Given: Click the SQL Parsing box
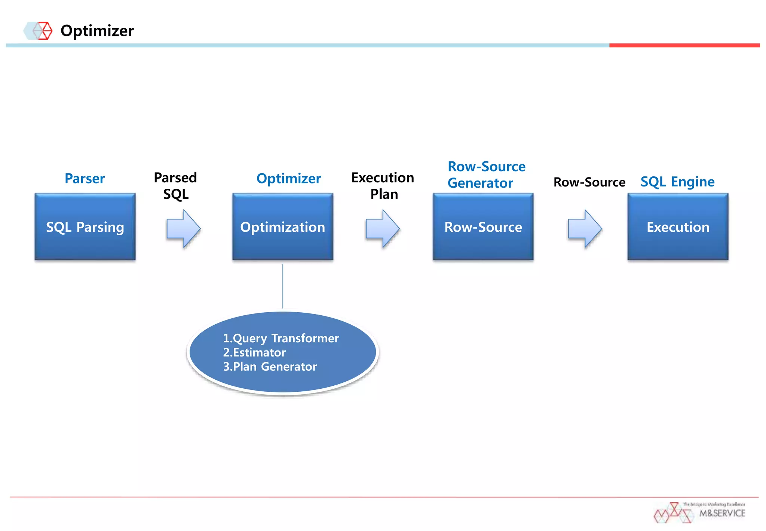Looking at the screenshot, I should (85, 227).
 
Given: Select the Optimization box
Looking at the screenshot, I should (282, 227).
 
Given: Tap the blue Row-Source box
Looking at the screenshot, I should (483, 227).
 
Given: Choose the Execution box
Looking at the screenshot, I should (678, 227).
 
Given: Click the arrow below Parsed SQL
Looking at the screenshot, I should (183, 229).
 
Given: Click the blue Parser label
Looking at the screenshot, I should (85, 178).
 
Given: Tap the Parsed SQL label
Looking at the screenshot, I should (175, 186).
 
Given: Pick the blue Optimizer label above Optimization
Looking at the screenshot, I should (288, 178).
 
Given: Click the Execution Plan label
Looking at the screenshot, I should (383, 186).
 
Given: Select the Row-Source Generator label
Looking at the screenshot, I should (486, 175).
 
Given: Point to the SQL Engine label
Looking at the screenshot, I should (677, 182).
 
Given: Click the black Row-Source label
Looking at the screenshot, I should (589, 182).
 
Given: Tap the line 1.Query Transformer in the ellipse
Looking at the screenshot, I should (281, 338).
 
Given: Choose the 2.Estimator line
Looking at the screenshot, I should (254, 352).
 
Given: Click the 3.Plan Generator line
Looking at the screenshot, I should (270, 366).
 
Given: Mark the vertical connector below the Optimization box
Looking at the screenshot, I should (283, 286).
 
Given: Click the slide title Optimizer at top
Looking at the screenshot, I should (97, 31).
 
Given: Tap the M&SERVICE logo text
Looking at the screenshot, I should (722, 513).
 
